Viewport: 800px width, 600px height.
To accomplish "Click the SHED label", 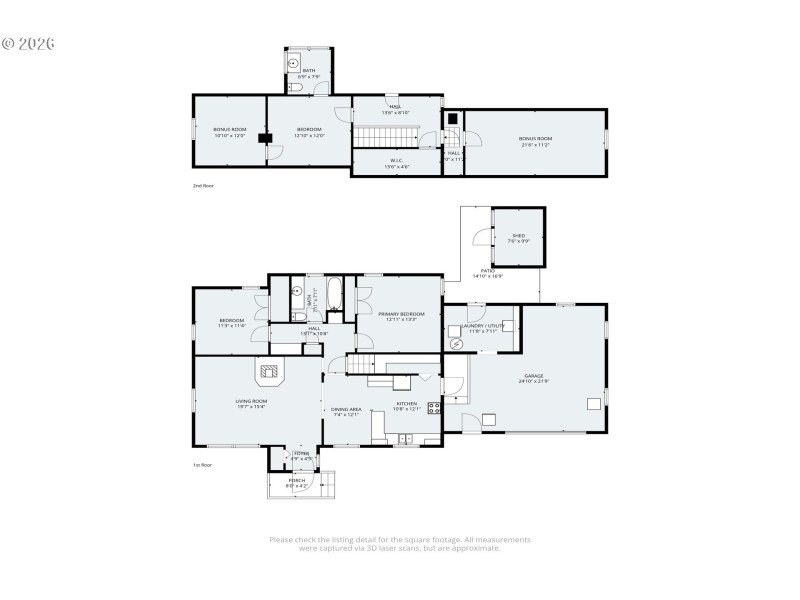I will pos(517,236).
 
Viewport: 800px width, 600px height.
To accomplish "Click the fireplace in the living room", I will pos(270,373).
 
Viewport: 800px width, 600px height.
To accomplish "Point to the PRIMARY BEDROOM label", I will pos(401,314).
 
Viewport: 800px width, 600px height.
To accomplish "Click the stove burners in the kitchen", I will pos(435,407).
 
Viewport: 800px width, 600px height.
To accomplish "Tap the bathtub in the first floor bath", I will pos(335,295).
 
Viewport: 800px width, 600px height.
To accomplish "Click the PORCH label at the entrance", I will pos(297,480).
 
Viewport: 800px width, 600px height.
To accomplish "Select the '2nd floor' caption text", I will pos(203,186).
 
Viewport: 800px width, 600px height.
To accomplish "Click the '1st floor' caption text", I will pos(203,465).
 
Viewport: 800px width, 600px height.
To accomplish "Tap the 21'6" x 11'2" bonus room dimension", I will pos(535,143).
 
